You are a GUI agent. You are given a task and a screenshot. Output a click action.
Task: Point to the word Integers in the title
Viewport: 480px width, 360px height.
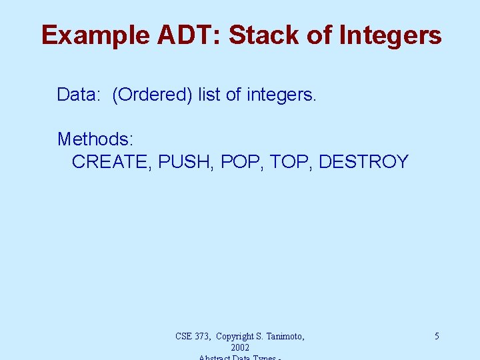[x=391, y=35]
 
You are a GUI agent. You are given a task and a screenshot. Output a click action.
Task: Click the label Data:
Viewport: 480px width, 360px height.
[x=78, y=95]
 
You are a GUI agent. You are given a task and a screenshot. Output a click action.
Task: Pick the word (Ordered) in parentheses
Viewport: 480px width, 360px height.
[x=153, y=95]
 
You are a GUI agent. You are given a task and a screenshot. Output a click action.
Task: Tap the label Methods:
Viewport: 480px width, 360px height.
[x=95, y=139]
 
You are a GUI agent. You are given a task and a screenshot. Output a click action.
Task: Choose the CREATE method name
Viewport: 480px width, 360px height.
[x=111, y=162]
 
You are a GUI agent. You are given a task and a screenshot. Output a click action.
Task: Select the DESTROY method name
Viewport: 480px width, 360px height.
[x=363, y=162]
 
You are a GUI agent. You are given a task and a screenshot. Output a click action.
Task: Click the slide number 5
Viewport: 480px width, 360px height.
[x=437, y=337]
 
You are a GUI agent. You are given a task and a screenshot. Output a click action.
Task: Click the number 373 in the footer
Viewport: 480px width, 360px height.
[x=204, y=337]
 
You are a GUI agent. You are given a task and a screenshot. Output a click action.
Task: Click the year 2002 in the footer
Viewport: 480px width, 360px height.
[x=240, y=348]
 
